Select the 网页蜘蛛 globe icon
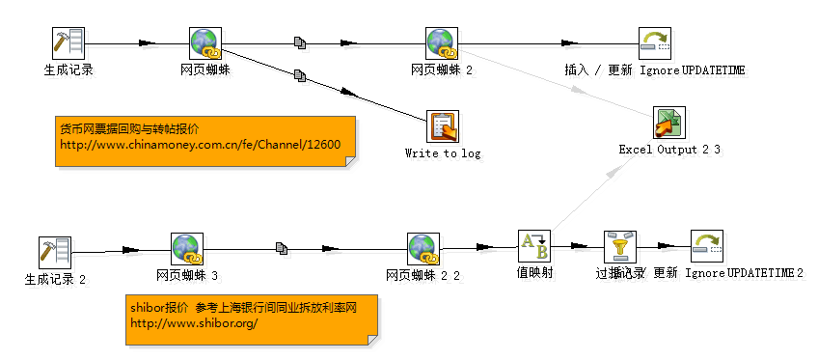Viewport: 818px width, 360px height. pyautogui.click(x=206, y=42)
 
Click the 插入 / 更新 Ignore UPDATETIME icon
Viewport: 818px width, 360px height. pyautogui.click(x=654, y=42)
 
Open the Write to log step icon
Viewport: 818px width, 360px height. pyautogui.click(x=443, y=125)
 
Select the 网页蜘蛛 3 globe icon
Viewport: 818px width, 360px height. pyautogui.click(x=187, y=249)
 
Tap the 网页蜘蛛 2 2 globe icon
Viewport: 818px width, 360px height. pyautogui.click(x=423, y=249)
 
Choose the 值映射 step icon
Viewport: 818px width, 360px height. pyautogui.click(x=533, y=246)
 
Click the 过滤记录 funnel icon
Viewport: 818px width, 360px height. pyautogui.click(x=619, y=246)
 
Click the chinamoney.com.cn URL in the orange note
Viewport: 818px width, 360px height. pyautogui.click(x=200, y=145)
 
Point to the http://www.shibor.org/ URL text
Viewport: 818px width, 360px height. pyautogui.click(x=194, y=323)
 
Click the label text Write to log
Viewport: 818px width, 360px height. pyautogui.click(x=442, y=152)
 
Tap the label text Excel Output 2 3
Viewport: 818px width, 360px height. pyautogui.click(x=669, y=150)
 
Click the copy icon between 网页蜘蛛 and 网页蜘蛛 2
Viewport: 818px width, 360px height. pyautogui.click(x=300, y=42)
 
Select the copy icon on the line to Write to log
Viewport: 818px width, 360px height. pyautogui.click(x=300, y=74)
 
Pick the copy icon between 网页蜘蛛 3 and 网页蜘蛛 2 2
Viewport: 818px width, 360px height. pyautogui.click(x=282, y=249)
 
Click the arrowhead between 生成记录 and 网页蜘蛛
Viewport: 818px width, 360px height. pyautogui.click(x=147, y=42)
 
